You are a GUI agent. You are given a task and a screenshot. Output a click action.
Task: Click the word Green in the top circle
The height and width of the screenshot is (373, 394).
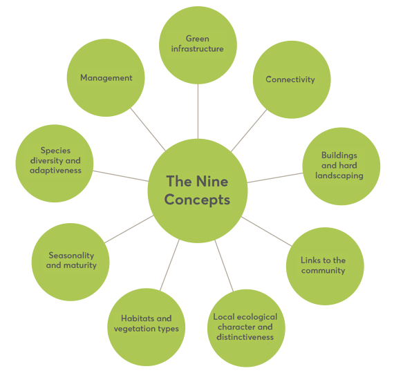tap(198, 39)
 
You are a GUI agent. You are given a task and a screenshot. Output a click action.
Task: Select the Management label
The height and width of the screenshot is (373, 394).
tap(106, 78)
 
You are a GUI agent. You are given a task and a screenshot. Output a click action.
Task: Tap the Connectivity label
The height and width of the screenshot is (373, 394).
tap(290, 79)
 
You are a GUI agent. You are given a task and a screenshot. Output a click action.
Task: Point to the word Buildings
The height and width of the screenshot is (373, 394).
tap(339, 155)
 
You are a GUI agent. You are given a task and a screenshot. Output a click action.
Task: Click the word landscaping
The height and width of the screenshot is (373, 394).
tap(339, 175)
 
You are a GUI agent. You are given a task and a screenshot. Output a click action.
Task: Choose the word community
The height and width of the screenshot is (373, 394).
tap(323, 271)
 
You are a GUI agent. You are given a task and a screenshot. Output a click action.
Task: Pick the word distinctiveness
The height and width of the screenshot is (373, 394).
tap(245, 337)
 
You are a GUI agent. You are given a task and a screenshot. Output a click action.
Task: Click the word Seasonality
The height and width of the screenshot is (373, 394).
tap(71, 256)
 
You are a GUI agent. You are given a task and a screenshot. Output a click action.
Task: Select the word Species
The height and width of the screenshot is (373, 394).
tap(55, 151)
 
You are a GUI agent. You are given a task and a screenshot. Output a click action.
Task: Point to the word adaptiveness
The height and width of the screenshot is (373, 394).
tap(55, 171)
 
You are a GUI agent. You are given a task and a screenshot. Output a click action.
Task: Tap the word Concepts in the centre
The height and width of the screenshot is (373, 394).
tap(197, 200)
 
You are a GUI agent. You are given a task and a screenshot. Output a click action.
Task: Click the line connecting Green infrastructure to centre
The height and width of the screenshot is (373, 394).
tap(198, 111)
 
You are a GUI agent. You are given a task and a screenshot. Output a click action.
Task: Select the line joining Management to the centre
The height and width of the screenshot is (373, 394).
tap(148, 130)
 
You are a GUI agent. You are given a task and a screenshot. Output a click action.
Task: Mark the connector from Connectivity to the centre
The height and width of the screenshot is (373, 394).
tap(249, 131)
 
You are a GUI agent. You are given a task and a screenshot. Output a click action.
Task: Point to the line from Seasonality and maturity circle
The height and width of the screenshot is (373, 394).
tap(129, 229)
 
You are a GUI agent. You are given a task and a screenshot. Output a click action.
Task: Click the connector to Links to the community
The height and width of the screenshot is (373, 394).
tap(267, 231)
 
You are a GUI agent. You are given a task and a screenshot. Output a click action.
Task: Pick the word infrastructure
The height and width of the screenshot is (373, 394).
tap(197, 49)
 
